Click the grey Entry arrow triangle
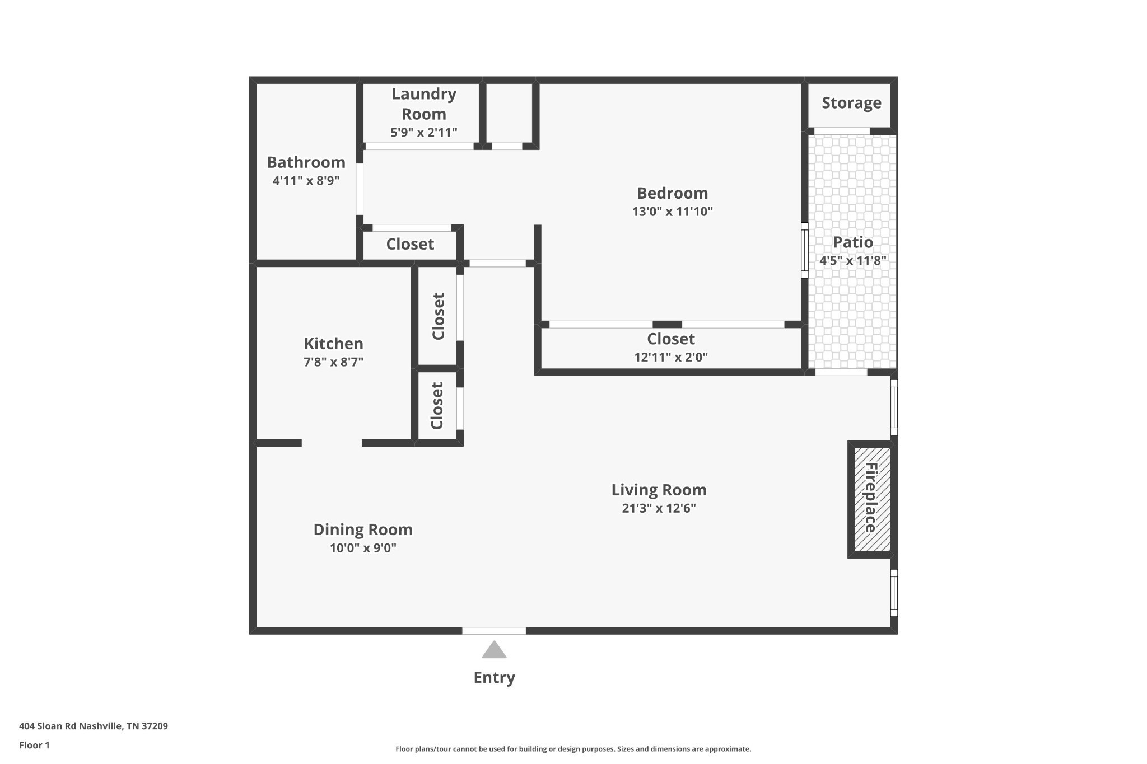click(x=494, y=650)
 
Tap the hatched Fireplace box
click(x=872, y=499)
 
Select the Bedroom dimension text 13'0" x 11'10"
click(x=672, y=212)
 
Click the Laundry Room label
click(x=423, y=104)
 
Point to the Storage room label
click(x=851, y=103)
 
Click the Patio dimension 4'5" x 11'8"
click(x=852, y=260)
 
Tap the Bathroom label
click(x=306, y=162)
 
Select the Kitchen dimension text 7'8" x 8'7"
click(x=333, y=362)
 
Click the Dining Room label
click(x=363, y=529)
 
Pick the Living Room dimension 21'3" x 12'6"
click(x=659, y=508)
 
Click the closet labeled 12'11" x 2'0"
click(x=670, y=348)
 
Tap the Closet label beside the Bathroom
click(x=410, y=244)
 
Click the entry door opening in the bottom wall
click(x=494, y=631)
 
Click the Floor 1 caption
click(x=34, y=745)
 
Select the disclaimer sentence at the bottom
click(x=573, y=749)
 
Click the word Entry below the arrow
click(x=494, y=678)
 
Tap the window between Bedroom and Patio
click(x=804, y=250)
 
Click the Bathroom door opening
click(x=360, y=189)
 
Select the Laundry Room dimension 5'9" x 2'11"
click(x=423, y=133)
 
